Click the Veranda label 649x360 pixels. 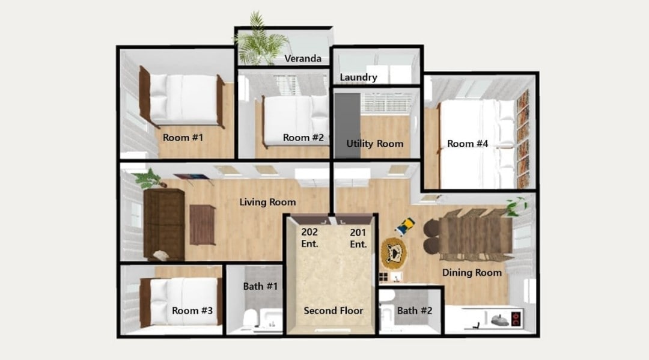(302, 58)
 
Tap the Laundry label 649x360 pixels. (358, 78)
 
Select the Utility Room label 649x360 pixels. (374, 144)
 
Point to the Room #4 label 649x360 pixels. (468, 144)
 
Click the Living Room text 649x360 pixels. (268, 202)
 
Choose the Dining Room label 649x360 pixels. (472, 272)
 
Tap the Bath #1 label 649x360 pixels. (260, 286)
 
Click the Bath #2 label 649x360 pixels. (415, 310)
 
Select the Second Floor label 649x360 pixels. (333, 310)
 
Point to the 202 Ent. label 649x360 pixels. (309, 238)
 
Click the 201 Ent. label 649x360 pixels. (358, 239)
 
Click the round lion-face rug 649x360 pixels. (393, 252)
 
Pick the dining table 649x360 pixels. (475, 236)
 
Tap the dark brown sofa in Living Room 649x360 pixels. (164, 224)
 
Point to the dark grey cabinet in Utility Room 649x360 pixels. (348, 126)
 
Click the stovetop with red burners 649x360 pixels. (516, 319)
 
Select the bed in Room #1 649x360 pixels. (182, 99)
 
